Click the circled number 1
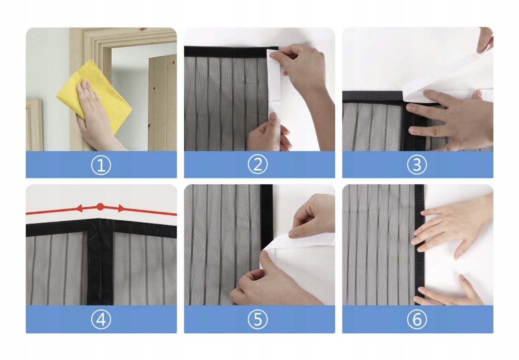pyautogui.click(x=101, y=165)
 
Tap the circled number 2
pyautogui.click(x=258, y=164)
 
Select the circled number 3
pyautogui.click(x=417, y=165)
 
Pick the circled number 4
pyautogui.click(x=101, y=319)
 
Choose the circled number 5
pyautogui.click(x=258, y=319)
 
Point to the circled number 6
pyautogui.click(x=417, y=319)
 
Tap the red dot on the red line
pyautogui.click(x=100, y=207)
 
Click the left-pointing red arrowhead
pyautogui.click(x=79, y=208)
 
